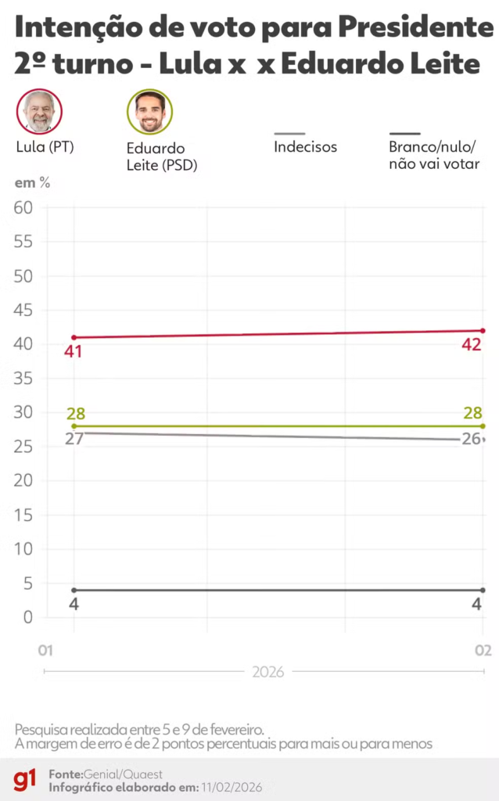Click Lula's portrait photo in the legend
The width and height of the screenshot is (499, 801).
point(39,111)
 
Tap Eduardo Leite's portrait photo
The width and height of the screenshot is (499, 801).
point(149,112)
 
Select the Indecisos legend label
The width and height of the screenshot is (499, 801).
point(305,146)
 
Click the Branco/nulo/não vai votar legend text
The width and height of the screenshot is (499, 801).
point(433,155)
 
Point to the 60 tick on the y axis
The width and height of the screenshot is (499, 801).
point(23,207)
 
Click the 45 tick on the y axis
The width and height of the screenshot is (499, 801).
point(23,310)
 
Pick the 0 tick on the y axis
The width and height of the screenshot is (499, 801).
point(27,617)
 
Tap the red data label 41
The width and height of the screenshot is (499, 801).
point(74,352)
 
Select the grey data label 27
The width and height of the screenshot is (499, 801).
point(74,439)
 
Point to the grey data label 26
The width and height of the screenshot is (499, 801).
point(471,440)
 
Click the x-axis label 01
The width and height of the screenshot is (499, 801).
point(45,651)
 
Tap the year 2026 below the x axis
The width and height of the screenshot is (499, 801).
point(267,671)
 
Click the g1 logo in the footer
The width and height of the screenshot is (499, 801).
point(24,779)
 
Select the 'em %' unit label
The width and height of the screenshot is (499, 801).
point(32,183)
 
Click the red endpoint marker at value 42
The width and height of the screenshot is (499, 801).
point(483,331)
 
